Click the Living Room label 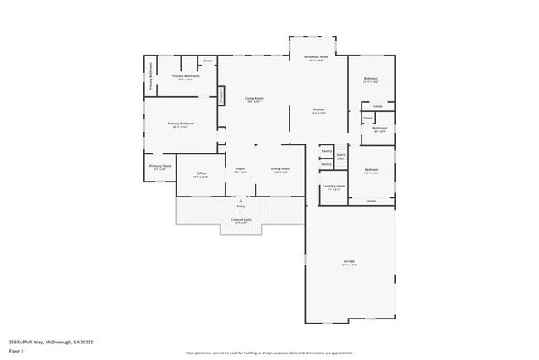(x=253, y=99)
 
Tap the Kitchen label (x=318, y=109)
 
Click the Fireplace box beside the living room (x=222, y=95)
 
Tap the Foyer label (x=240, y=169)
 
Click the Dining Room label (x=279, y=169)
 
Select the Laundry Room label (x=334, y=187)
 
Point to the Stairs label (x=340, y=155)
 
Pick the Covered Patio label (x=241, y=220)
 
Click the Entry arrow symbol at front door (x=240, y=201)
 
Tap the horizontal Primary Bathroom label (x=182, y=77)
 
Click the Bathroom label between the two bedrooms (x=380, y=129)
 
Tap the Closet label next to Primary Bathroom (x=207, y=61)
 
